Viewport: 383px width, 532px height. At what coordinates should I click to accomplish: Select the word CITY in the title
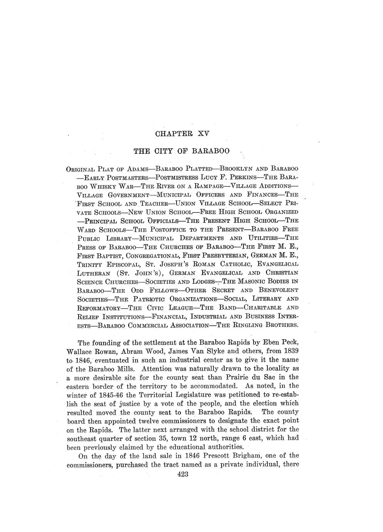tap(165, 151)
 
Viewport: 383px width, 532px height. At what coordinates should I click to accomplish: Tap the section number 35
tap(163, 438)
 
